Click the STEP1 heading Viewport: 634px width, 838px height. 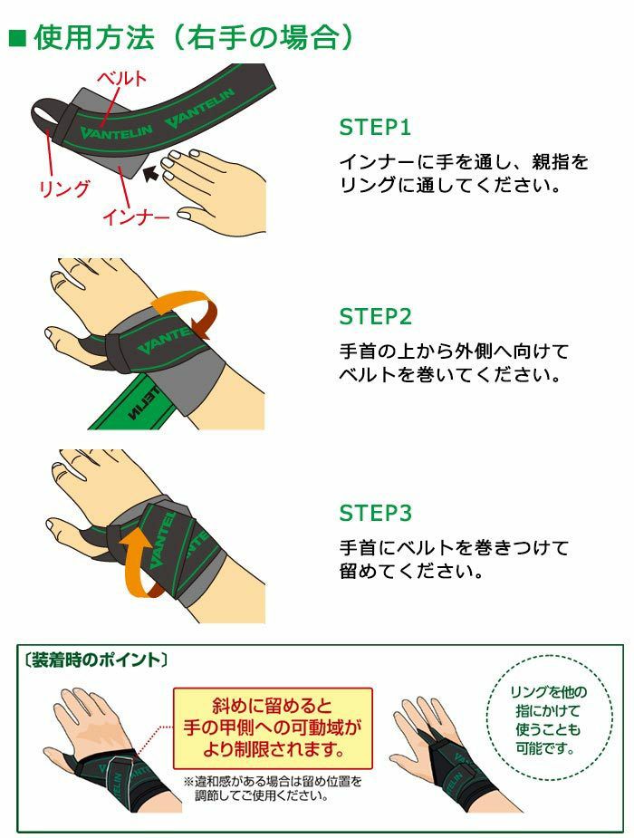[375, 127]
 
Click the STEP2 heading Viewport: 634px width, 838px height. [375, 317]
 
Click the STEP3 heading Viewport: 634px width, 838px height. [375, 514]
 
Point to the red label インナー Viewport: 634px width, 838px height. [135, 217]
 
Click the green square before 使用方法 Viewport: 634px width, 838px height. [16, 37]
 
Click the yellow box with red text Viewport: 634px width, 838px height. [273, 725]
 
